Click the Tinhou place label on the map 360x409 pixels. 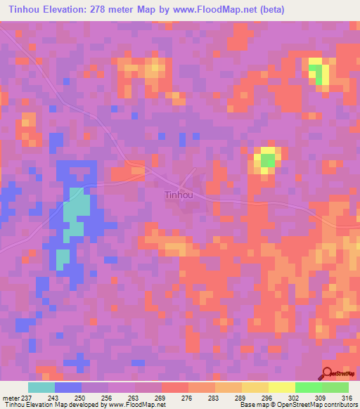click(x=181, y=195)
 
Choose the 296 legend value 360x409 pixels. click(x=266, y=397)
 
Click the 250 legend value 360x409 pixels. click(x=82, y=397)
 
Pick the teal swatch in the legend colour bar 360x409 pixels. click(x=41, y=387)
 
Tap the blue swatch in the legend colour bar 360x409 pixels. click(x=67, y=387)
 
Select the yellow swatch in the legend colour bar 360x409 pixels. click(x=281, y=387)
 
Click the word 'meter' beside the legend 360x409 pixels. click(x=10, y=397)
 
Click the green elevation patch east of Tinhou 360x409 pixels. click(x=268, y=161)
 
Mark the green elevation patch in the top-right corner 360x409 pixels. click(x=319, y=74)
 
